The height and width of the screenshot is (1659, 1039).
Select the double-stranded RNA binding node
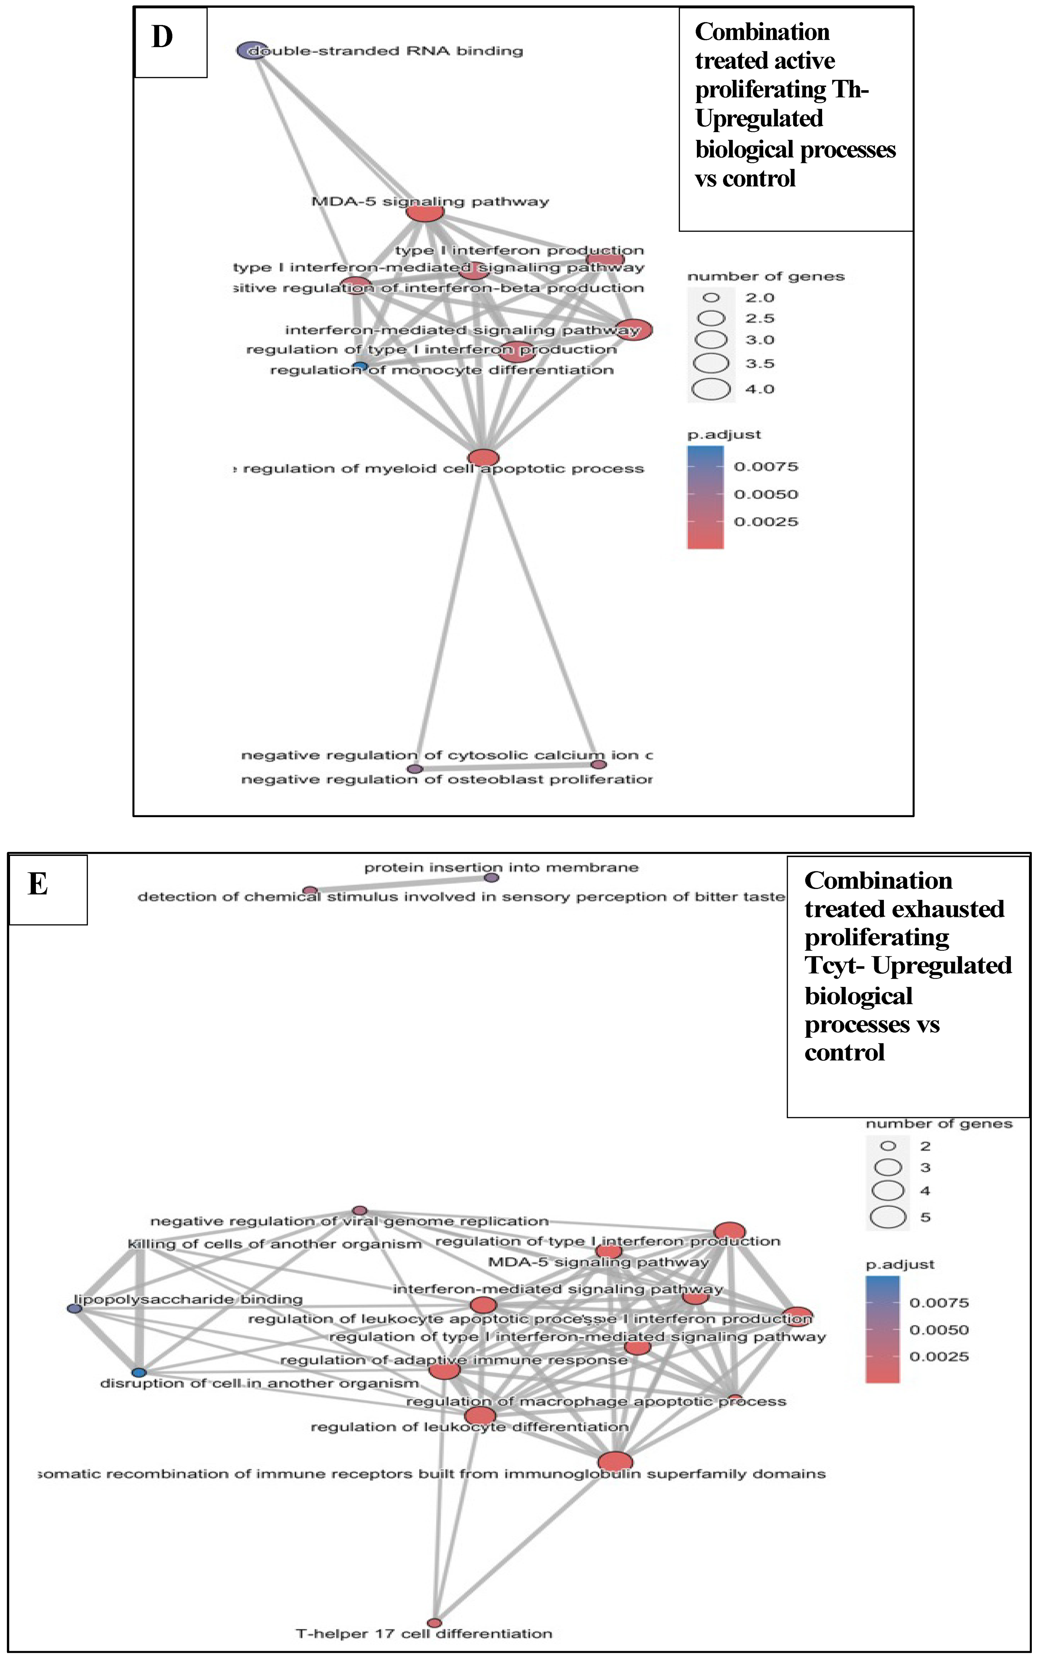[x=252, y=50]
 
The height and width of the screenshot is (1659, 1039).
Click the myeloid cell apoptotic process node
[x=483, y=457]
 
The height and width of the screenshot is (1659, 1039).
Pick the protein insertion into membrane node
[x=491, y=877]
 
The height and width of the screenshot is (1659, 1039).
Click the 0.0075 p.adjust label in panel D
[x=765, y=466]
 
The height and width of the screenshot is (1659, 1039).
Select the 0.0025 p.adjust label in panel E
[x=939, y=1357]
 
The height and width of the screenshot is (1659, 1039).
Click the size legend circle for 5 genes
[x=888, y=1217]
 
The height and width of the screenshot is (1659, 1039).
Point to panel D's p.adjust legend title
[x=724, y=434]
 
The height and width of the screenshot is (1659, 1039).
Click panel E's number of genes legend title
[x=939, y=1124]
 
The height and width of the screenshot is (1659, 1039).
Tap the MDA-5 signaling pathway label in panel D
[x=430, y=201]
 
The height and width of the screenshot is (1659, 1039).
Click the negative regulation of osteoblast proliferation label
[x=447, y=779]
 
